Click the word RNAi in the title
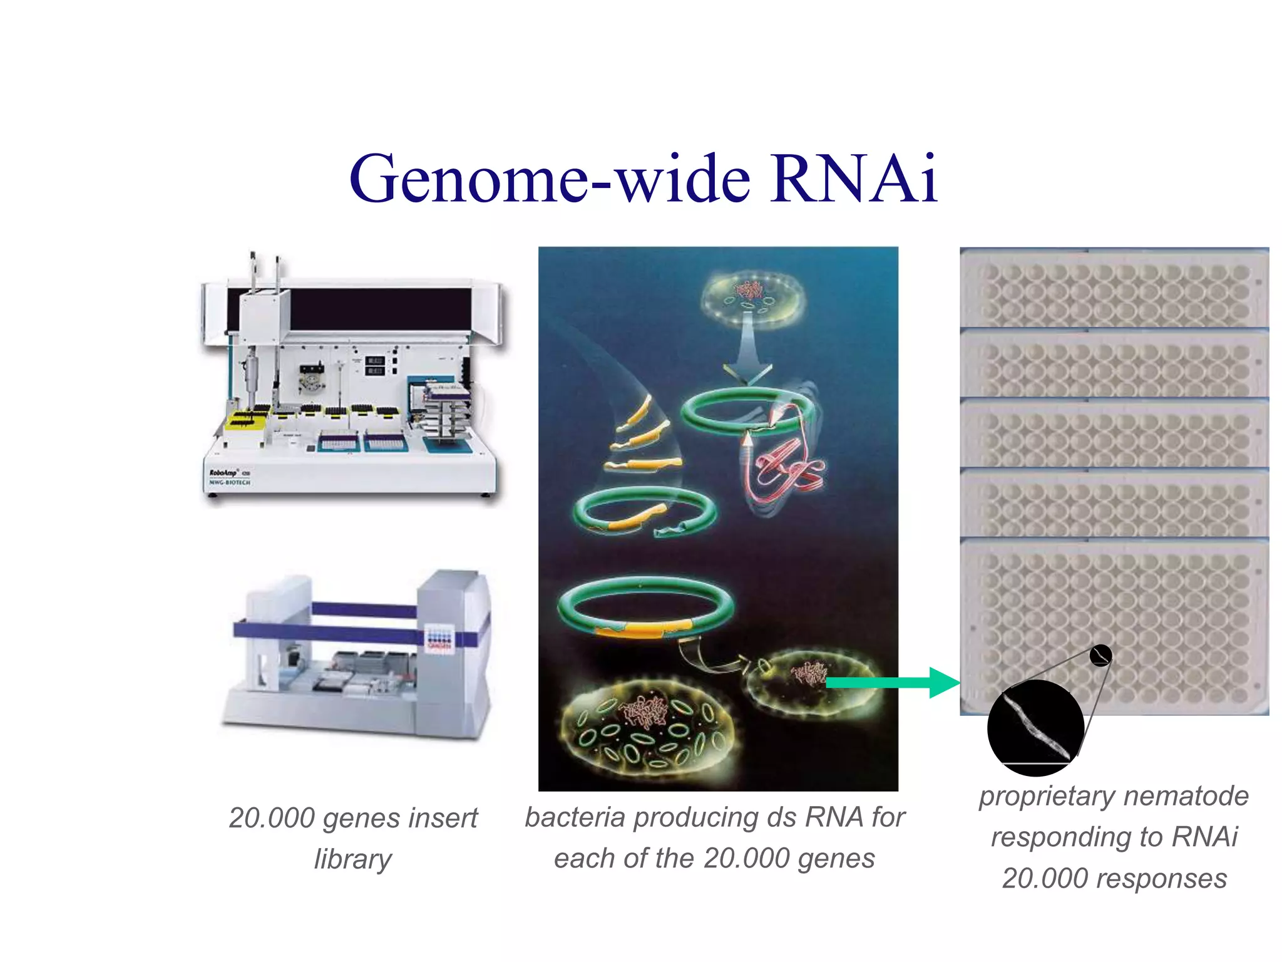pos(854,179)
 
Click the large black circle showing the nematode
pos(1035,728)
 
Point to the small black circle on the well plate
pos(1100,656)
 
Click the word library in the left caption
pos(352,859)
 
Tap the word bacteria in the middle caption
pos(575,818)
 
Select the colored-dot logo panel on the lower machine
pos(438,639)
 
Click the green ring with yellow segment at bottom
pos(645,608)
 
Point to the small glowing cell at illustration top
pos(753,299)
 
